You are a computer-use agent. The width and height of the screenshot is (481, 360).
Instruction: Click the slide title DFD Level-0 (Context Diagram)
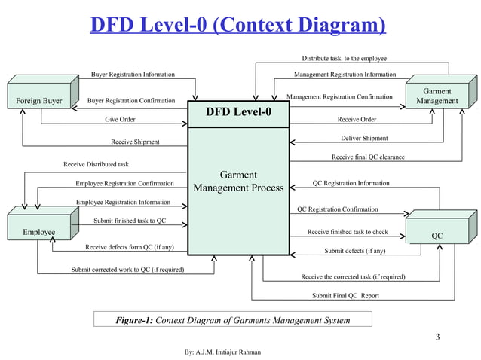click(x=238, y=28)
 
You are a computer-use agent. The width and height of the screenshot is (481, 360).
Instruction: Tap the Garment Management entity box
click(x=437, y=96)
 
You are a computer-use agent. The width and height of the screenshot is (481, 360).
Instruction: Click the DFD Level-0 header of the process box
click(x=237, y=114)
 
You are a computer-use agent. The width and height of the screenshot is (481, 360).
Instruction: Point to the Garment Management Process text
click(x=238, y=182)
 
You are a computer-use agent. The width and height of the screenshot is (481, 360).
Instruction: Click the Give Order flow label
click(x=121, y=119)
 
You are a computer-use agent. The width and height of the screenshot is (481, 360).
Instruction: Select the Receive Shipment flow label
click(x=135, y=142)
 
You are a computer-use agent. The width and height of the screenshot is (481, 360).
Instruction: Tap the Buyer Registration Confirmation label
click(x=132, y=100)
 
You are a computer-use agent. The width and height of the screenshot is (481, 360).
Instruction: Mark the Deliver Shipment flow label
click(x=364, y=139)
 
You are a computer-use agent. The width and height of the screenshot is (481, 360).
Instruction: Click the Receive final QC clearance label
click(x=368, y=157)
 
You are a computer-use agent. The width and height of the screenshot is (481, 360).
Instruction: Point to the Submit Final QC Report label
click(x=345, y=296)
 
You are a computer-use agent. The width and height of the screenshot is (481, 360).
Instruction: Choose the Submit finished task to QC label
click(x=130, y=221)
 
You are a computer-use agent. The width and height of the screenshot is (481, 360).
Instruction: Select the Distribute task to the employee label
click(x=345, y=58)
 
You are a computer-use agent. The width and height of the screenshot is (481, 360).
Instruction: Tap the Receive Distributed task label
click(x=97, y=163)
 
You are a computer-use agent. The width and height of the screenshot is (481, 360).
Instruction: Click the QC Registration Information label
click(x=351, y=183)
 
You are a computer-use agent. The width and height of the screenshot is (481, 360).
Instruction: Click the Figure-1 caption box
click(x=232, y=321)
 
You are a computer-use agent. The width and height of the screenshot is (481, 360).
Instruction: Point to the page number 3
click(x=437, y=336)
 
